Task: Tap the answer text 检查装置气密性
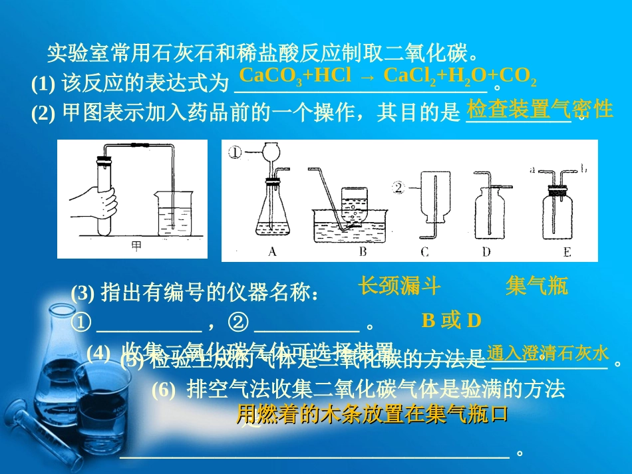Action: [540, 108]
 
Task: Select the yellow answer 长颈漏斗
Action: [399, 286]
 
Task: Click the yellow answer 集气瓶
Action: [536, 286]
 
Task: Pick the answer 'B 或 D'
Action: [451, 321]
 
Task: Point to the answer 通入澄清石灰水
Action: [548, 352]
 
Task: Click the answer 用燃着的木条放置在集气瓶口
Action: [373, 414]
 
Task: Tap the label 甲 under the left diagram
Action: [136, 246]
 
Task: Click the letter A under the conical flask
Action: [271, 252]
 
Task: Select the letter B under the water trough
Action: [363, 252]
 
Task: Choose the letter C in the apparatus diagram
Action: [425, 252]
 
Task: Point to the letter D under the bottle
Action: [486, 252]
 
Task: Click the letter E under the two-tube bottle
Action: [566, 252]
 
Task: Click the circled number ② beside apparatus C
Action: [399, 187]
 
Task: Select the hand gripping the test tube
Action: [96, 199]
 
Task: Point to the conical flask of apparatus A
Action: [273, 213]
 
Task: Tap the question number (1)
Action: [44, 84]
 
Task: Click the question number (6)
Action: [164, 390]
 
